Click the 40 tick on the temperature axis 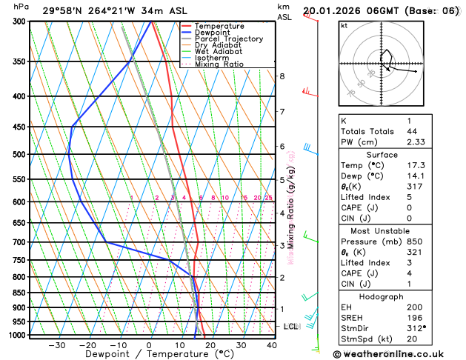click(272, 345)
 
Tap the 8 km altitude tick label click(282, 76)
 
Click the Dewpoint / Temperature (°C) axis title click(148, 355)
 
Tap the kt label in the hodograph click(344, 25)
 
